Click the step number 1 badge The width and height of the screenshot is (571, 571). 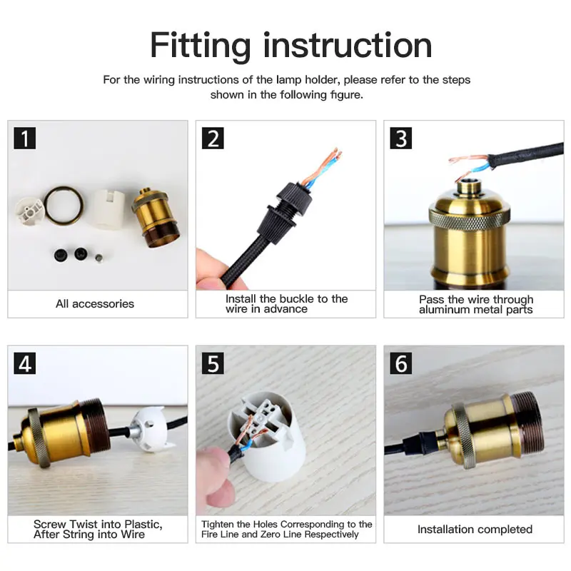(x=25, y=138)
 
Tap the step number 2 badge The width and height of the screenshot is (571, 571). (x=213, y=138)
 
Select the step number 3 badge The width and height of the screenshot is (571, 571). (x=401, y=138)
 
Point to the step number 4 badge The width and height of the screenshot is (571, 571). (x=25, y=363)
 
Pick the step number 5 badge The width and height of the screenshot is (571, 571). (x=213, y=363)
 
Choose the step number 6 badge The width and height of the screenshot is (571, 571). (x=401, y=363)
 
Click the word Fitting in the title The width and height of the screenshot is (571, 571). (x=201, y=46)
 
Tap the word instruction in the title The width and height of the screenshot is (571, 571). (x=348, y=45)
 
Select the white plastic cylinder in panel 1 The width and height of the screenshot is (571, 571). (x=107, y=208)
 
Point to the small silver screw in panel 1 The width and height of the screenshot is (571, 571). (x=98, y=258)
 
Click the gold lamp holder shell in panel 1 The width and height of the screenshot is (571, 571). (x=156, y=218)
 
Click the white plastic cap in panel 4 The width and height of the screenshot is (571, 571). (x=149, y=430)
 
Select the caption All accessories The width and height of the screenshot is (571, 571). (x=95, y=304)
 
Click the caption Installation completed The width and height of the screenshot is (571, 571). (x=475, y=529)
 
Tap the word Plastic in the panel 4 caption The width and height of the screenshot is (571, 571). (x=143, y=525)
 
